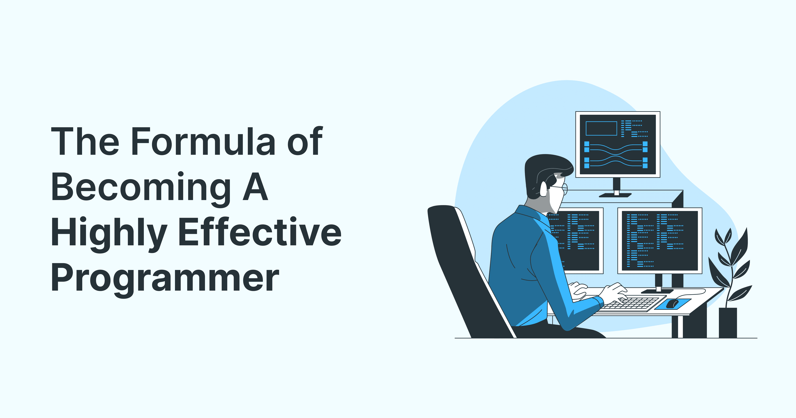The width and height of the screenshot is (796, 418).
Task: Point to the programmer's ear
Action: [544, 189]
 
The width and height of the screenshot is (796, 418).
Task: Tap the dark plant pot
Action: [728, 322]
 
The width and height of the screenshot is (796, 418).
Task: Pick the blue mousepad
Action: [673, 304]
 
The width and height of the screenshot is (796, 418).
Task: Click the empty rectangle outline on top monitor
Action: [601, 128]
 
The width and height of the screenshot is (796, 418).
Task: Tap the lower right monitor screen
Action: [660, 241]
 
